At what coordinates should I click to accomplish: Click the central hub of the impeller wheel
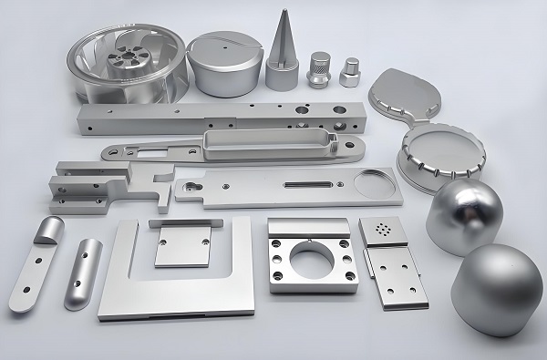122,62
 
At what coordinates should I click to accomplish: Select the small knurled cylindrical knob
318,68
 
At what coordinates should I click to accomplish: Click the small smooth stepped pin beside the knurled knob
349,71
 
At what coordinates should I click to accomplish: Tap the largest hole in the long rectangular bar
340,120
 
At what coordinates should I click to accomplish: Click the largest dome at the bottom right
497,290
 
